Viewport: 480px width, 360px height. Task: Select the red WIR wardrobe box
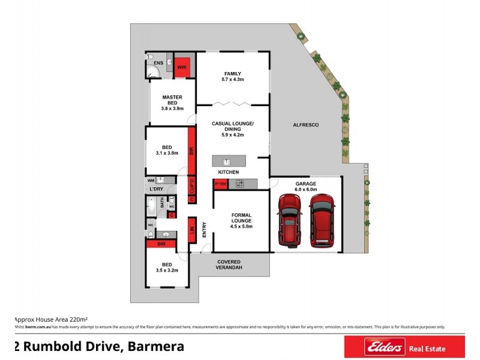point(182,67)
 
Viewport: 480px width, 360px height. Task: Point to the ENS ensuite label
point(158,62)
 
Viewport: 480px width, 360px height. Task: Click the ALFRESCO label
point(305,125)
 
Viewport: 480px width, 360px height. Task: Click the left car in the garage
point(289,220)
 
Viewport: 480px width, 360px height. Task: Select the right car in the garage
point(322,220)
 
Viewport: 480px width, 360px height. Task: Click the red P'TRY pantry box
point(220,184)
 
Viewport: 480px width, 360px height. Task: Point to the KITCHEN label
point(228,172)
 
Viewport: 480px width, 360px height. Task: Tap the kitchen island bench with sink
point(228,161)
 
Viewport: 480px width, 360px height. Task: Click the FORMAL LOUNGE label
point(241,220)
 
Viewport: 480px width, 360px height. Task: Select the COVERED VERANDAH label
point(229,265)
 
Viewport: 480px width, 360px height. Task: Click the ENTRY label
point(204,230)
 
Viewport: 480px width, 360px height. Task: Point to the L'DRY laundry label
point(156,190)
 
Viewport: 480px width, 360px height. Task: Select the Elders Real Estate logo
point(404,347)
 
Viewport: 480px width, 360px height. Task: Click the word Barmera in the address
point(155,346)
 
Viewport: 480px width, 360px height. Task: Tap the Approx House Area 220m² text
point(51,319)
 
